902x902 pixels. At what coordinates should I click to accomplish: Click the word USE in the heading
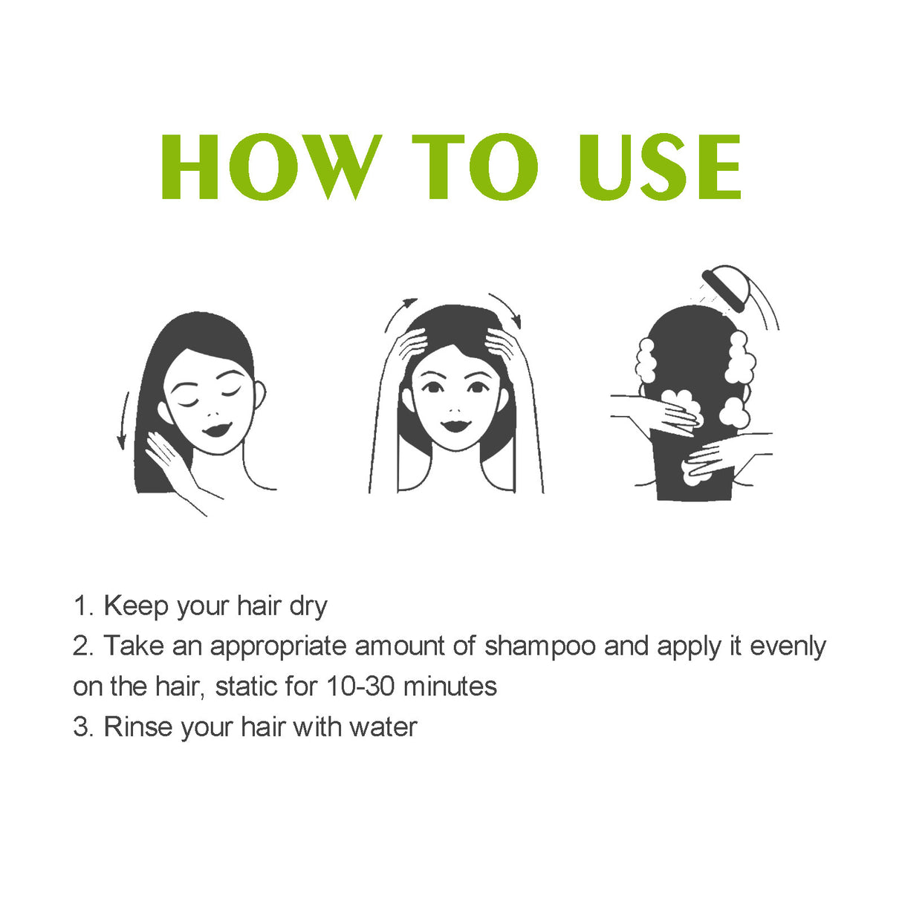(x=660, y=167)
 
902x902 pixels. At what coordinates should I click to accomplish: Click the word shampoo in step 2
(x=540, y=646)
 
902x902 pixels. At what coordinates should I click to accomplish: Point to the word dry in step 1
(x=308, y=606)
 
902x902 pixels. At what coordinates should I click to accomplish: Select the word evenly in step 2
(x=788, y=646)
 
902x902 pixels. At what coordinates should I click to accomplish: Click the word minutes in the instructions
(x=450, y=686)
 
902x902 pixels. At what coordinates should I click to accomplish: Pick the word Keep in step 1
(x=136, y=606)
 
